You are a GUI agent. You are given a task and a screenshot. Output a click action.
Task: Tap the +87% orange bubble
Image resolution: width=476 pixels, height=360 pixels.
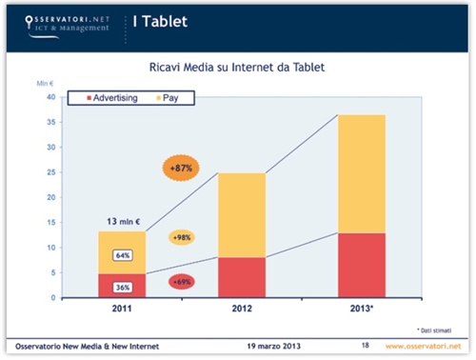179,169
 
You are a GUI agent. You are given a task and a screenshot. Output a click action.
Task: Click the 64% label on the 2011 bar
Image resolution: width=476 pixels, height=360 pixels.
123,255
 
